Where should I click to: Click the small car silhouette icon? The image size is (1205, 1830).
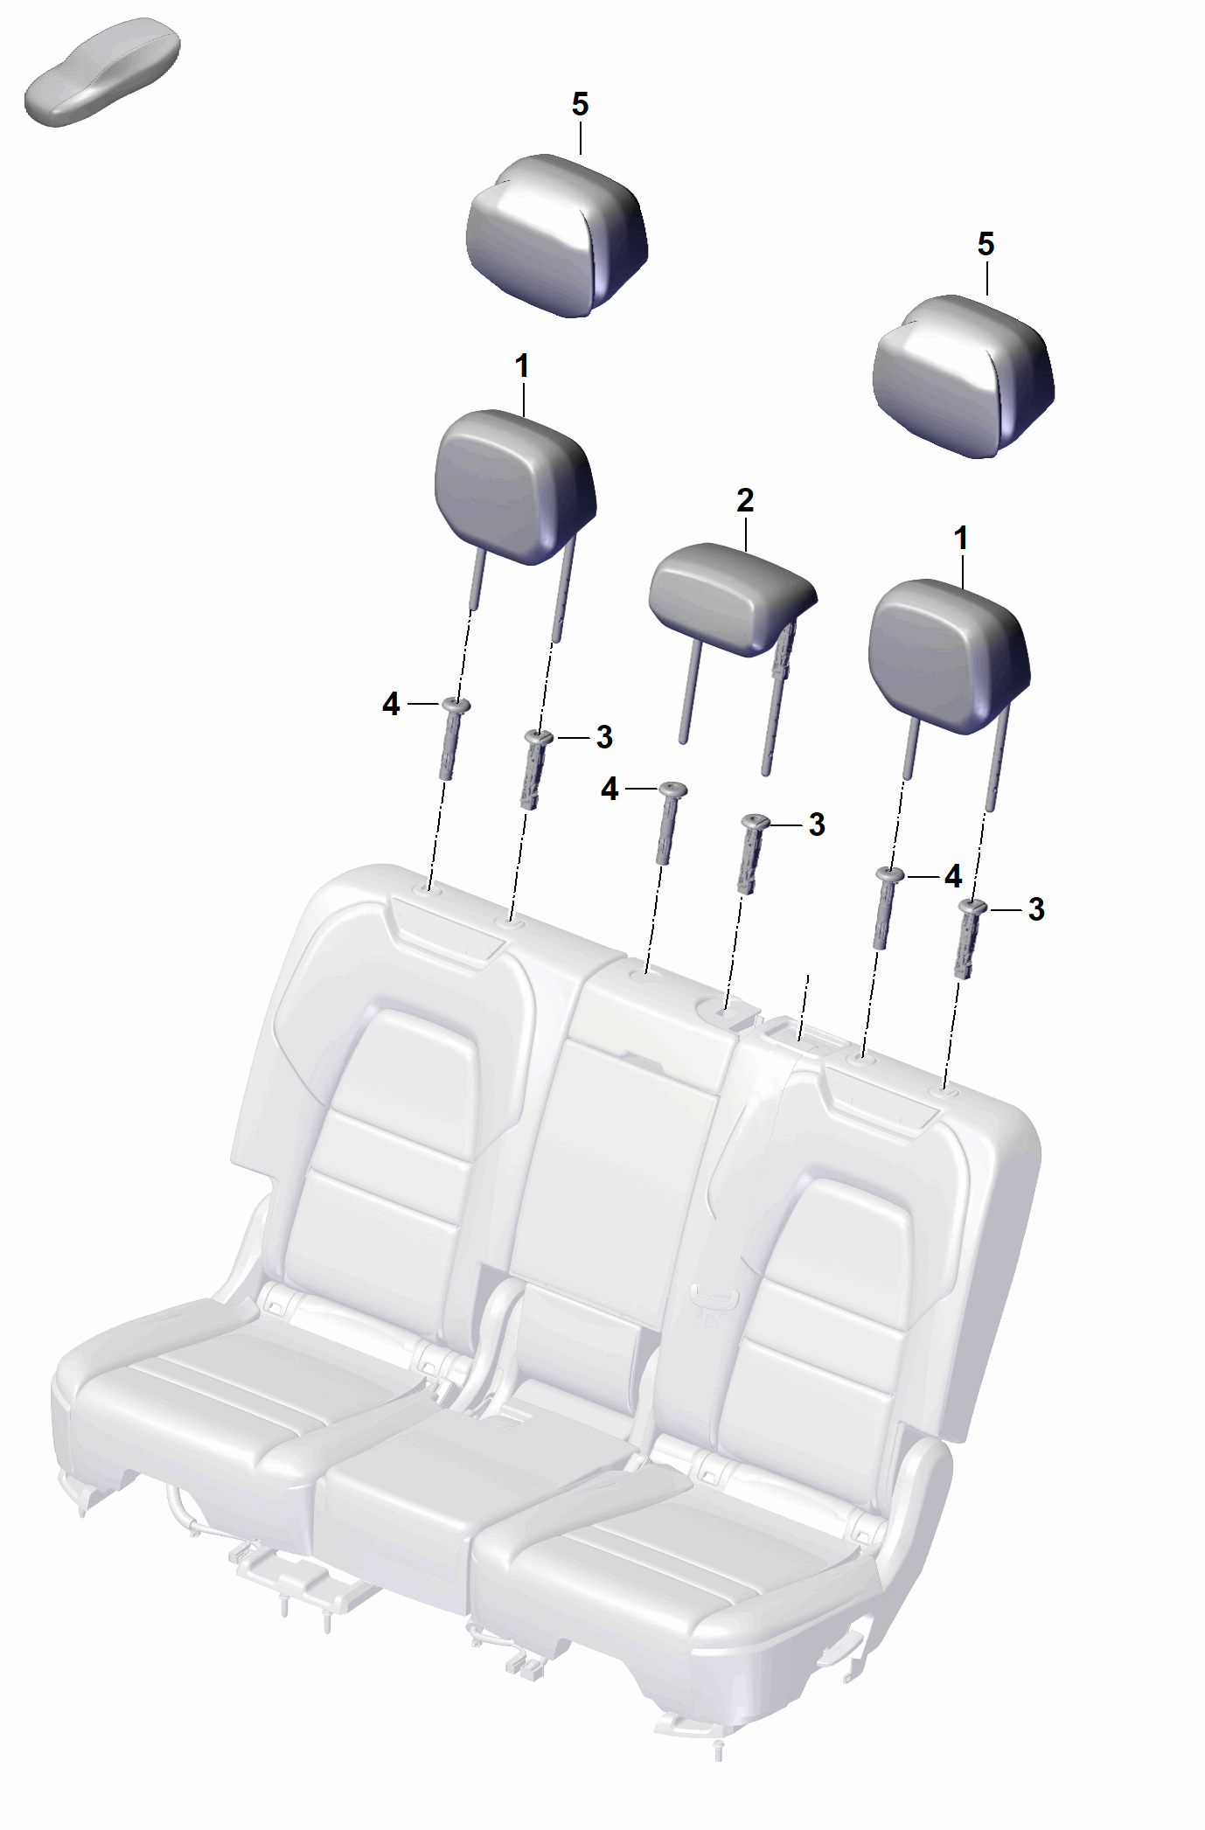pos(102,72)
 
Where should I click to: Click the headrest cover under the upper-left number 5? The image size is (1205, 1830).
pos(557,236)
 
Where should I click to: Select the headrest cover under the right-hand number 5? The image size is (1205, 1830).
pos(964,377)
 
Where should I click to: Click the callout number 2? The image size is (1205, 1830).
pos(745,501)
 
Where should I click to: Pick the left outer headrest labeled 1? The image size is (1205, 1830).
pos(516,507)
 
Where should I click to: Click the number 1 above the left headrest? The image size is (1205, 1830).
pos(522,366)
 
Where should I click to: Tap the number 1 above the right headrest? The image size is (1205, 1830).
pos(961,539)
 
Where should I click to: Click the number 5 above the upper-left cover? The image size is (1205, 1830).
pos(580,105)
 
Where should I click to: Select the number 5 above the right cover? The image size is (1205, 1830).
pos(986,244)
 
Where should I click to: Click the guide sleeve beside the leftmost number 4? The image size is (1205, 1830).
pos(451,738)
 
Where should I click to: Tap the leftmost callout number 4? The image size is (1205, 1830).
pos(391,704)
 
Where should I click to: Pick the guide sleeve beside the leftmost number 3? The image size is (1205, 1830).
pos(535,769)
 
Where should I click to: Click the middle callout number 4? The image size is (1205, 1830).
pos(609,790)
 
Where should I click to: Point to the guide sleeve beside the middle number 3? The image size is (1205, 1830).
pos(751,852)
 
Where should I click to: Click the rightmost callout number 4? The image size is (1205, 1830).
pos(953,876)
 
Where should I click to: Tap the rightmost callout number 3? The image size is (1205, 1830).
pos(1036,909)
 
